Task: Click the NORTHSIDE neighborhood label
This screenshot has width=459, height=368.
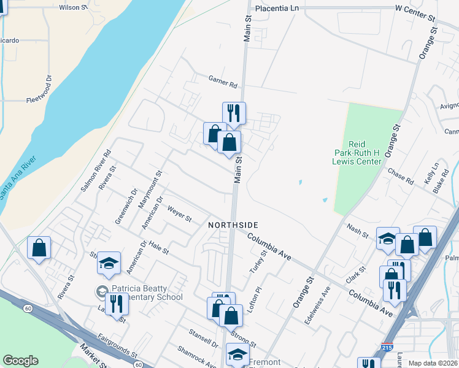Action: [233, 225]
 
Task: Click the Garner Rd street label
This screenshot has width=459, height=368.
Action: [222, 82]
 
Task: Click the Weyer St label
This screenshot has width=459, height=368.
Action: [179, 214]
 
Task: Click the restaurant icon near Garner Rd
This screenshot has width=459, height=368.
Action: [234, 113]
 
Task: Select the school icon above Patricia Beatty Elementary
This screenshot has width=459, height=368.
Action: [108, 263]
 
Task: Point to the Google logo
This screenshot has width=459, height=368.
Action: [20, 361]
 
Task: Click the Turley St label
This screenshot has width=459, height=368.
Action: [258, 262]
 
